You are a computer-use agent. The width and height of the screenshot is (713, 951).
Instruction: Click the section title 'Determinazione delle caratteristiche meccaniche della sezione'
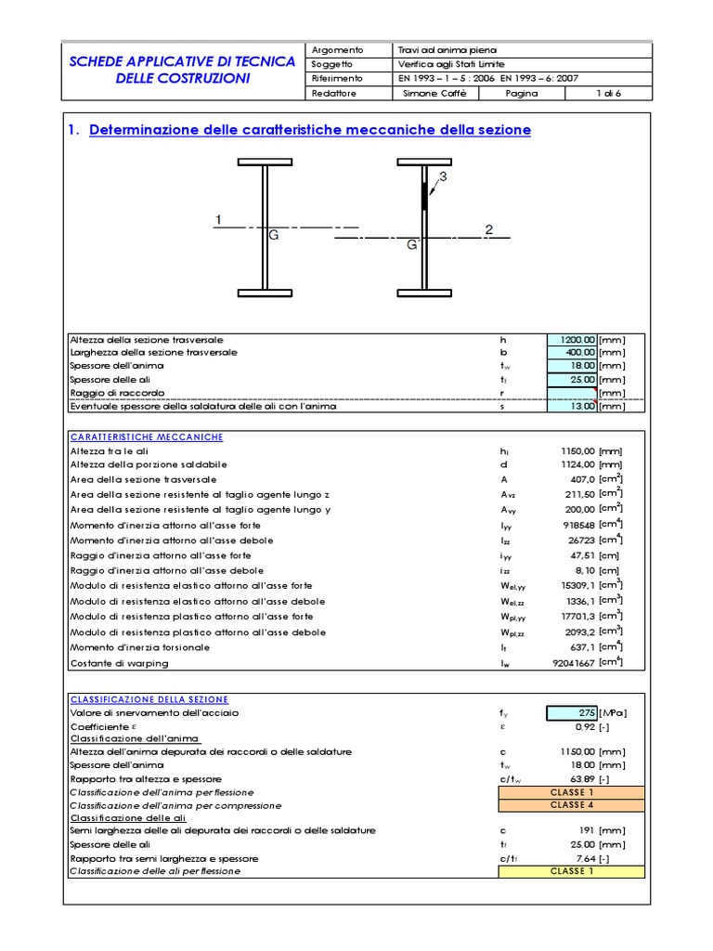(310, 130)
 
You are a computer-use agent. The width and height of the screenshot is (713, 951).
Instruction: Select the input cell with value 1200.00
(571, 340)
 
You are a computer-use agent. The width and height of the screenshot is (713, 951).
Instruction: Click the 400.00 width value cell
(571, 353)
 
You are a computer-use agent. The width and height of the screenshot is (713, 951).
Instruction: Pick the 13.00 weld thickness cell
(571, 406)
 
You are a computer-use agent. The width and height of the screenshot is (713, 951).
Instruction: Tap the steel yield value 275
(571, 713)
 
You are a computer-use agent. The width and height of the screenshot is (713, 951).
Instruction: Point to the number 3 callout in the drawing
(443, 176)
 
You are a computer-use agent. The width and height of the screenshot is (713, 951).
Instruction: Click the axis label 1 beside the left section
(218, 220)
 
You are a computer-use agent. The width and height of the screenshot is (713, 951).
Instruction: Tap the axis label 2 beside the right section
(488, 229)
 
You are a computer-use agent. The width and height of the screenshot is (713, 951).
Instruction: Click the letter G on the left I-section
(274, 237)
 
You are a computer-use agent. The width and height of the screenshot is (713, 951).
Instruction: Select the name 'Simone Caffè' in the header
(427, 94)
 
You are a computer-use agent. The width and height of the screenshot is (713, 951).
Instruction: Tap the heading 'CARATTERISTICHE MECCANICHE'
(146, 436)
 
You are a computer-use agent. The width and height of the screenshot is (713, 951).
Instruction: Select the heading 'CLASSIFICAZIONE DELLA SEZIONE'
(149, 699)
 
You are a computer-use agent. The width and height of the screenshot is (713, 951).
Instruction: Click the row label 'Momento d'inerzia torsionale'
(139, 647)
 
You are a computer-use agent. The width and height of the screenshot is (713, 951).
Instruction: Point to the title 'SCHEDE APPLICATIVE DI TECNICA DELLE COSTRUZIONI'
(183, 71)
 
